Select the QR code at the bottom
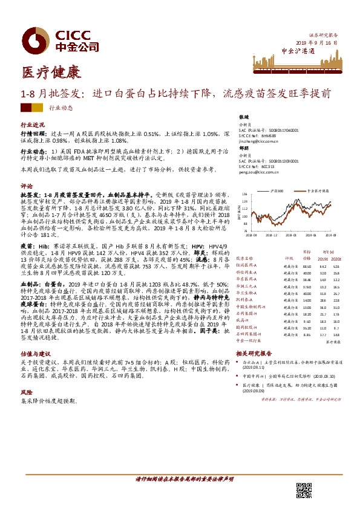[x=303, y=490]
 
